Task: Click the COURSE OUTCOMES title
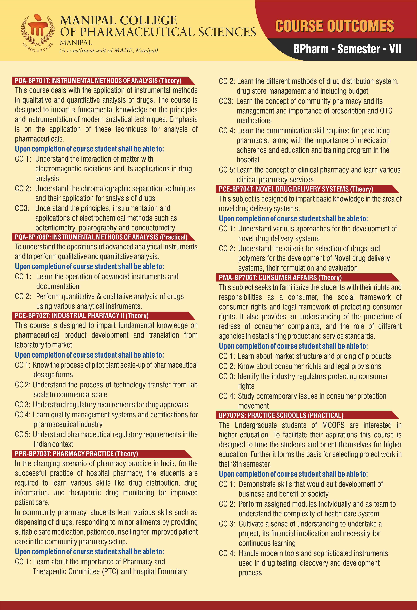pos(334,26)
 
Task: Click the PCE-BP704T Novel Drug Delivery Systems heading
pos(296,189)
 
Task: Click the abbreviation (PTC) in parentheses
pos(110,571)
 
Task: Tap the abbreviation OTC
pos(386,111)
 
